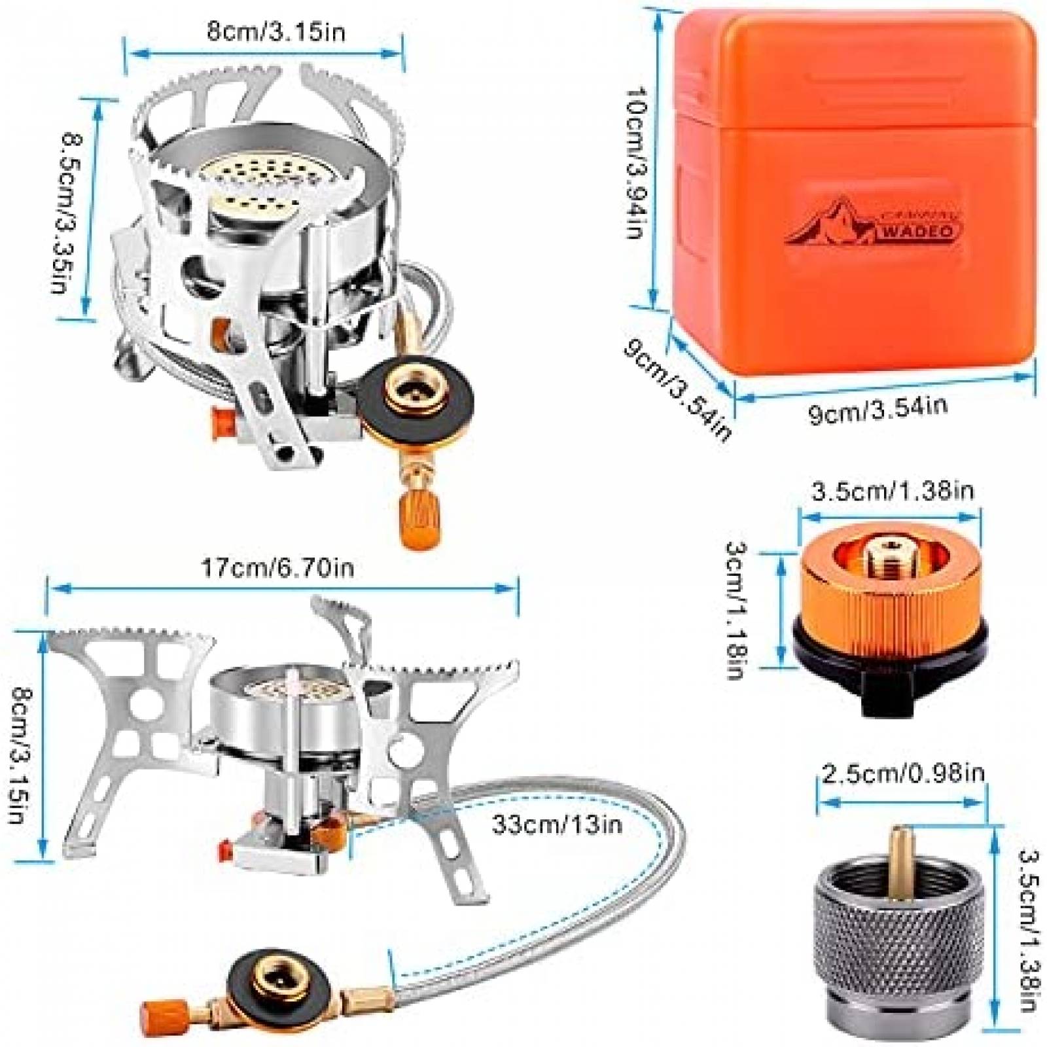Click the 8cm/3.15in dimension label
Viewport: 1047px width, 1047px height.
tap(275, 31)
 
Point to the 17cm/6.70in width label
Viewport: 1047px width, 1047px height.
tap(277, 567)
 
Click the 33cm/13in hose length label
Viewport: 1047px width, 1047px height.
tap(557, 825)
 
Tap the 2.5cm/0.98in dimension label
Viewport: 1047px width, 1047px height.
tap(903, 774)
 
